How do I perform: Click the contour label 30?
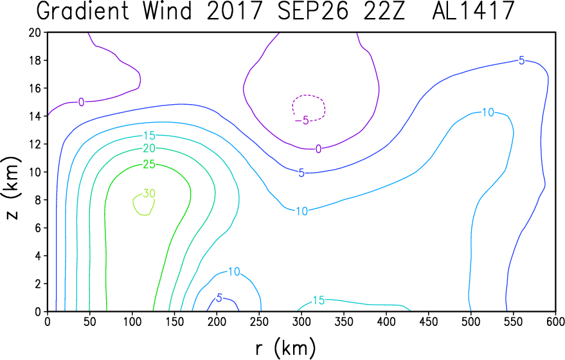click(149, 194)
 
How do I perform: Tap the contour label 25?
click(149, 165)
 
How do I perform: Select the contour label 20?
click(149, 148)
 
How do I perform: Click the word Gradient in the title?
click(83, 10)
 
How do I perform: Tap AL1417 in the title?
click(473, 10)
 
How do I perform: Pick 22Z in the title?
click(384, 10)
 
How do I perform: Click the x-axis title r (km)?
click(286, 349)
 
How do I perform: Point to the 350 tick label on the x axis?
click(344, 321)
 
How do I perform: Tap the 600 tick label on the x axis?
click(555, 321)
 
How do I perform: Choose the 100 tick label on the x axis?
click(132, 321)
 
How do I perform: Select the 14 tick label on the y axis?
click(35, 116)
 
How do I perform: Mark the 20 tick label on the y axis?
click(35, 32)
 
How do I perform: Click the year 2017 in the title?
click(234, 10)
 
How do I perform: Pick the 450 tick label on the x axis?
click(429, 321)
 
